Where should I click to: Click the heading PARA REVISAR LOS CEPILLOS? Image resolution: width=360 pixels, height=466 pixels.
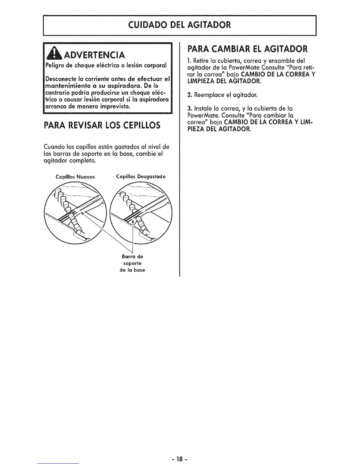102,126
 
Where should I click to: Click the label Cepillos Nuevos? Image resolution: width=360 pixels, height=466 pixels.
75,177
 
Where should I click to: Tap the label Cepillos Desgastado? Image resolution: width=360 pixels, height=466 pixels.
141,177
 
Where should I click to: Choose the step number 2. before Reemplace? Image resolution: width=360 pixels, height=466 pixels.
190,95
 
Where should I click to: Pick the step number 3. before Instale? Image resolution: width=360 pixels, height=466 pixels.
190,109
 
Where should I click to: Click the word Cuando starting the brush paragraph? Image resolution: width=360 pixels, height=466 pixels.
52,147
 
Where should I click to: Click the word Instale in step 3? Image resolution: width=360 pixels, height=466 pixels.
202,109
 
